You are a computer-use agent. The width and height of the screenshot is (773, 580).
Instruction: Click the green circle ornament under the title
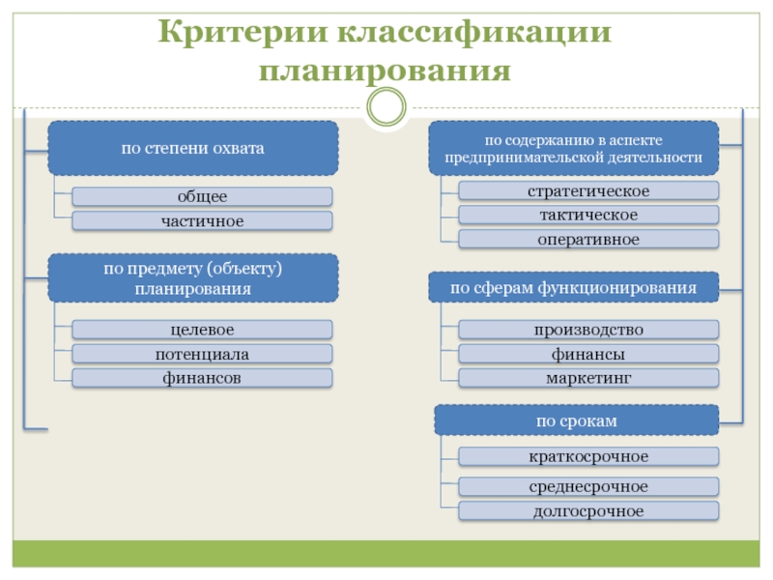(x=386, y=106)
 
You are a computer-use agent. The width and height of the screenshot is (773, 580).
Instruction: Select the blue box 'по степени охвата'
(x=193, y=148)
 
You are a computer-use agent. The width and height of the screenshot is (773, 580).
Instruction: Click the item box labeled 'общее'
(x=202, y=196)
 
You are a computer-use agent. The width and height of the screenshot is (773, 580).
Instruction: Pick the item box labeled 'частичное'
(x=202, y=221)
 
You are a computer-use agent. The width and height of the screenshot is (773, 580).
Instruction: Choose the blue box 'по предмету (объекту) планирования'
(x=193, y=278)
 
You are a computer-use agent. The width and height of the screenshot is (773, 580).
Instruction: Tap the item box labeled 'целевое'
(x=202, y=331)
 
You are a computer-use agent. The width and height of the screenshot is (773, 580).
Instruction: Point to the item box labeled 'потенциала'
(x=202, y=354)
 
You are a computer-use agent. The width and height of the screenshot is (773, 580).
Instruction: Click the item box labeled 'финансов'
(x=202, y=378)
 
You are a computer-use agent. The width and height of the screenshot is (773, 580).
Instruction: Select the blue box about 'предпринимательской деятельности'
(x=573, y=148)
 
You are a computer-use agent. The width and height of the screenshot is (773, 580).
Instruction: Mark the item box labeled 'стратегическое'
(x=587, y=190)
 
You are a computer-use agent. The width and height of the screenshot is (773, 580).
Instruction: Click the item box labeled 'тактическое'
(x=587, y=215)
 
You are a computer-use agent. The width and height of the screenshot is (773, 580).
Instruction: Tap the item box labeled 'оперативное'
(x=587, y=239)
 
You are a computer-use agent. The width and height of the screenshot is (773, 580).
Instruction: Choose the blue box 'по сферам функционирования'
(x=573, y=288)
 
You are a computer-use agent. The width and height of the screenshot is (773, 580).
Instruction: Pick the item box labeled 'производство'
(x=587, y=331)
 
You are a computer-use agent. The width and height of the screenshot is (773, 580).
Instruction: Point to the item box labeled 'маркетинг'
(x=587, y=378)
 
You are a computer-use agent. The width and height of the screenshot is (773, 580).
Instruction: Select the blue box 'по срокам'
(x=576, y=420)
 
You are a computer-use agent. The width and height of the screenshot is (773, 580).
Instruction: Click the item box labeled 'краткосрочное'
(x=587, y=456)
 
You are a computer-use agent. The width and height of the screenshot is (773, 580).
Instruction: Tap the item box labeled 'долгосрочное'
(x=587, y=510)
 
